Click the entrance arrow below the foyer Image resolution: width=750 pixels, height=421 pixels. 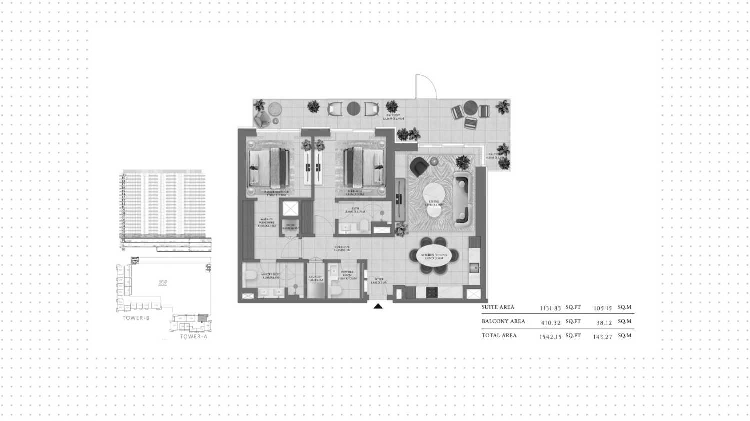click(x=378, y=306)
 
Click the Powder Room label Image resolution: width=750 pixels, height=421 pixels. click(x=347, y=275)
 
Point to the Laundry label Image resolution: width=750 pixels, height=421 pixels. click(x=315, y=278)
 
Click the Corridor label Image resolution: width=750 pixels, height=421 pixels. click(x=342, y=248)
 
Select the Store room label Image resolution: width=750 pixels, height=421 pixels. click(x=290, y=226)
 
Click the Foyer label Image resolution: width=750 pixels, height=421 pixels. click(x=379, y=281)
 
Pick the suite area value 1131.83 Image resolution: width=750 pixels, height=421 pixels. click(x=551, y=309)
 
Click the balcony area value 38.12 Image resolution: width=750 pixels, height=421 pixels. click(x=604, y=323)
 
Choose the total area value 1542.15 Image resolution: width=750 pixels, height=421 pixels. click(x=550, y=337)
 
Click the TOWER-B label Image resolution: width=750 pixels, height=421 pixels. click(x=136, y=318)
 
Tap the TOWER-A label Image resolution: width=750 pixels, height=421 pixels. click(x=194, y=336)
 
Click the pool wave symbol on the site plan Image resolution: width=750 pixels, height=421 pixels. click(x=163, y=283)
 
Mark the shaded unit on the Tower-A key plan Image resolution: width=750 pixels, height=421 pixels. click(x=202, y=318)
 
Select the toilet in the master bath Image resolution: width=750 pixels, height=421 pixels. click(x=250, y=275)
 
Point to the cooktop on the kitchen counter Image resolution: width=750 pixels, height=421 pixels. click(x=432, y=292)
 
